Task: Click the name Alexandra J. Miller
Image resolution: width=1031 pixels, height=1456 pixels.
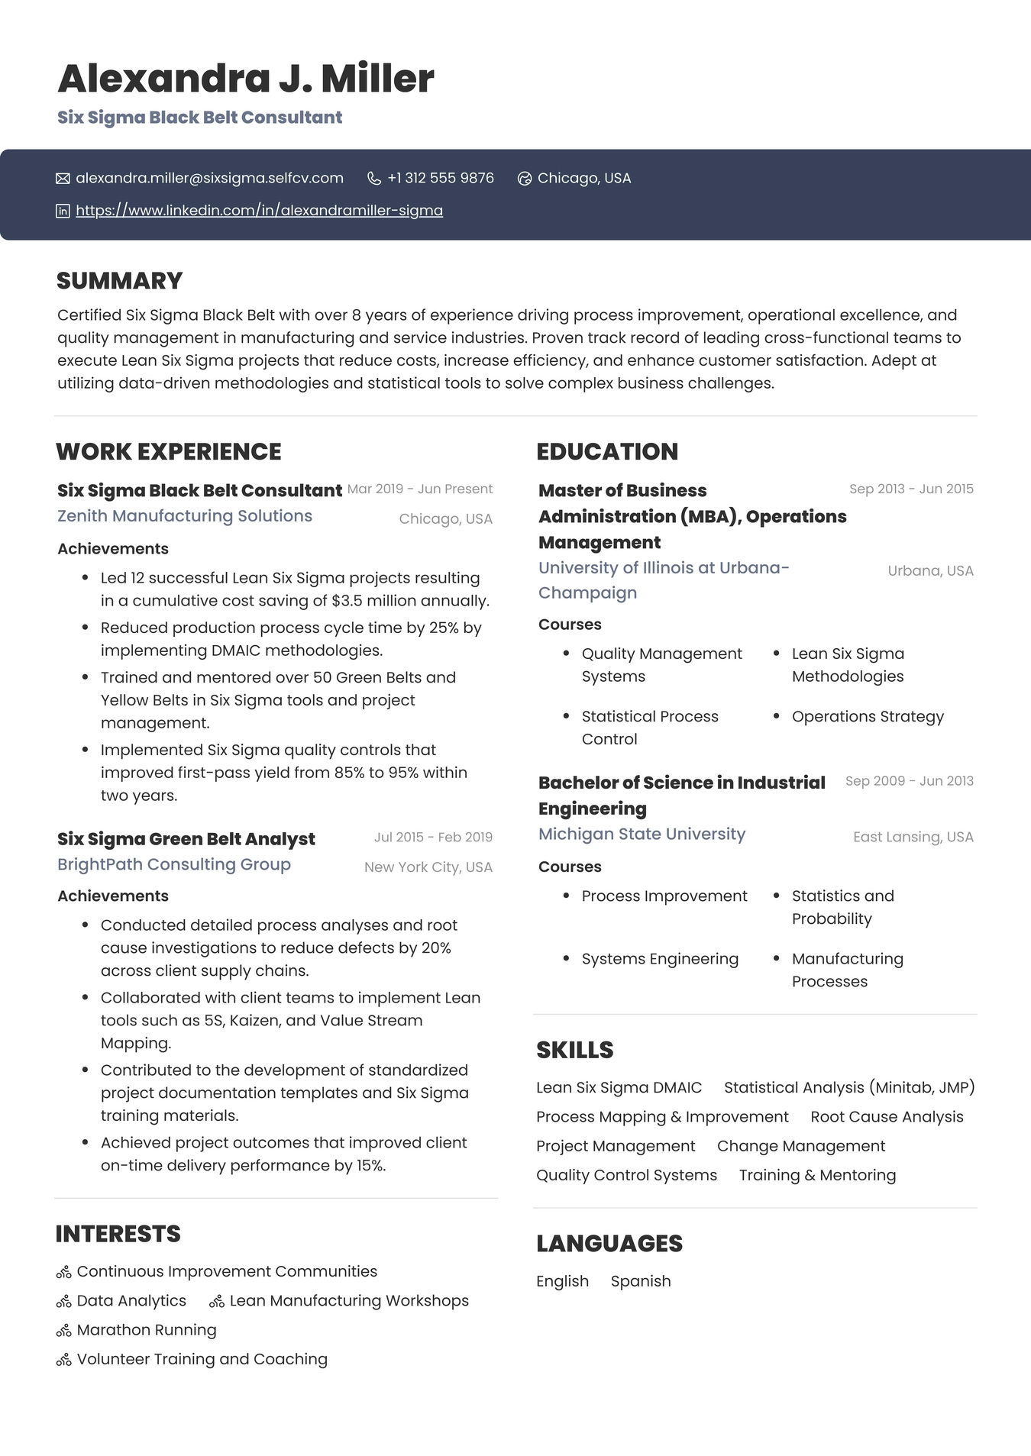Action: click(245, 79)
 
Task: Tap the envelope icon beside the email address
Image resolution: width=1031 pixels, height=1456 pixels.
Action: click(63, 179)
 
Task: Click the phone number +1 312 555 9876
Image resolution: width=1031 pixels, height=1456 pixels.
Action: click(441, 179)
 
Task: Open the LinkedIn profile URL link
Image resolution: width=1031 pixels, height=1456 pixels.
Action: click(259, 211)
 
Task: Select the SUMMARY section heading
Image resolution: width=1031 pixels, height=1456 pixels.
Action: click(119, 281)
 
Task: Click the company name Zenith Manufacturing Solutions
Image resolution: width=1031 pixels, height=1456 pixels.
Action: click(185, 516)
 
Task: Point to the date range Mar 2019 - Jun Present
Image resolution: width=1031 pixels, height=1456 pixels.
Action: click(419, 489)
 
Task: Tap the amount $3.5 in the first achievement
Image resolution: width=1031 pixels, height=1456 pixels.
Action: click(347, 601)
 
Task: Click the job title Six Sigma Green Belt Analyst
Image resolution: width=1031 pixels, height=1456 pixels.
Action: click(186, 839)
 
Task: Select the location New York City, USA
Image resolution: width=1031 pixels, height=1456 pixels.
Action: click(428, 867)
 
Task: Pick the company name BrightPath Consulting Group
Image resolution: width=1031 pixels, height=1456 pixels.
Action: click(174, 864)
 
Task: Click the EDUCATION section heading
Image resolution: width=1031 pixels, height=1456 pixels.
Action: click(607, 452)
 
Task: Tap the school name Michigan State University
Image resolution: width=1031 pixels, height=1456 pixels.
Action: click(642, 835)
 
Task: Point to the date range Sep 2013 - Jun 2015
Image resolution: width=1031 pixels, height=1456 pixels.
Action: click(911, 489)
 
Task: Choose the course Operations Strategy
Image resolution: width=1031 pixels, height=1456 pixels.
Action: click(868, 717)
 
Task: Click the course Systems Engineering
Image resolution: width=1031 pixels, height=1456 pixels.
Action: click(660, 959)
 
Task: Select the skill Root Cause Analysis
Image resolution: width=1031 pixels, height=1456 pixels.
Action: click(887, 1117)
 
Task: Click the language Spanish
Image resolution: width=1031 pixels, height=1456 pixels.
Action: click(641, 1281)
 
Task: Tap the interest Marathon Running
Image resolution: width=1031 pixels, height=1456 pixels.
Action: click(147, 1330)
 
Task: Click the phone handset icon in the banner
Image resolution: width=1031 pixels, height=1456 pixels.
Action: click(374, 179)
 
